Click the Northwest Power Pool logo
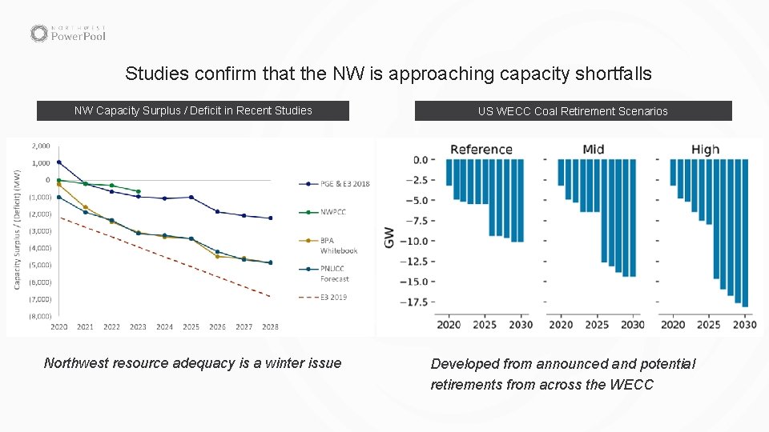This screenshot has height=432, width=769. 68,33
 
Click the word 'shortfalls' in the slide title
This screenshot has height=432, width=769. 613,74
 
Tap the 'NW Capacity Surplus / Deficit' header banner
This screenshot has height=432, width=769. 193,110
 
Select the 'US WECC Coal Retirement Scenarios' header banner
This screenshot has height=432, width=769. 573,111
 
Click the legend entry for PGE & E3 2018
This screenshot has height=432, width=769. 334,184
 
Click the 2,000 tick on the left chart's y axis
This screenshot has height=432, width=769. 40,146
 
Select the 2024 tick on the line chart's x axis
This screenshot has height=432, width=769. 164,327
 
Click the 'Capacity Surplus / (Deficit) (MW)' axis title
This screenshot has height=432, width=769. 17,229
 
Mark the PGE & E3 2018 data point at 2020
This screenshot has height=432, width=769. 58,162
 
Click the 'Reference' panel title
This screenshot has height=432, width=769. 481,149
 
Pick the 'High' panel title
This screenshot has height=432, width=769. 705,149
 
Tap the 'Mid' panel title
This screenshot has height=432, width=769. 594,149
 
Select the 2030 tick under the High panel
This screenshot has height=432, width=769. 744,325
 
